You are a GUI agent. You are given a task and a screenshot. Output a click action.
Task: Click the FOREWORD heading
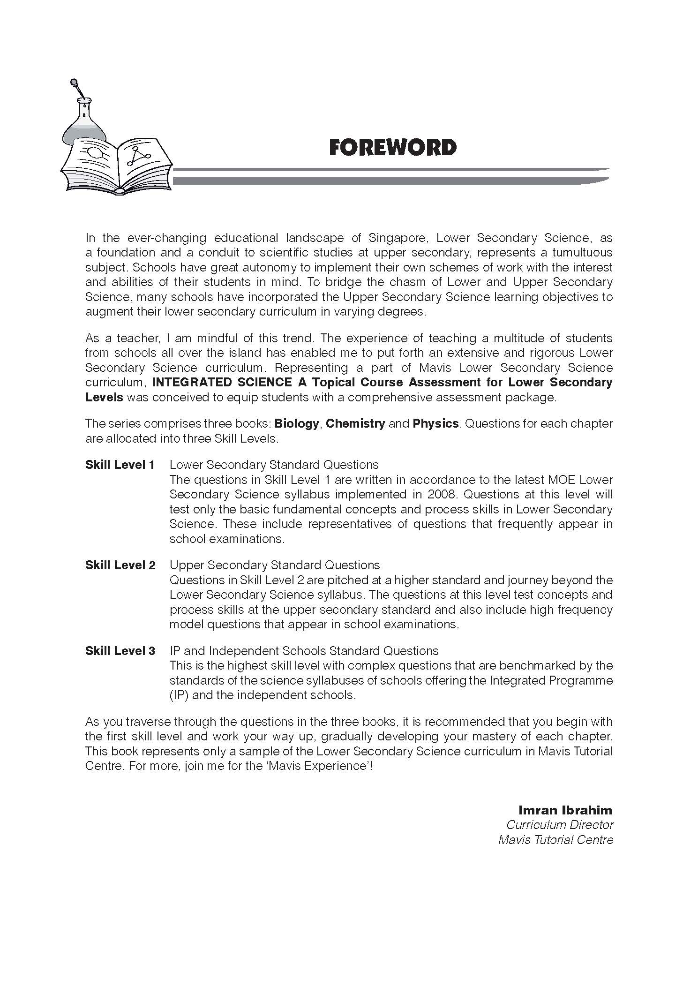click(x=392, y=147)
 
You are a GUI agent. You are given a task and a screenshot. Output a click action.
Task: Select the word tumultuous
click(x=582, y=252)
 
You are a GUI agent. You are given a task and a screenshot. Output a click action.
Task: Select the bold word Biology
click(x=297, y=423)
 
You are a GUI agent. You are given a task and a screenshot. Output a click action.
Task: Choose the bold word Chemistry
click(x=355, y=423)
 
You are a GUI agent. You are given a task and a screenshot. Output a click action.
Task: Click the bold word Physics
click(x=435, y=423)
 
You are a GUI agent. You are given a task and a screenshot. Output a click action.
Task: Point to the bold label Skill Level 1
click(x=120, y=465)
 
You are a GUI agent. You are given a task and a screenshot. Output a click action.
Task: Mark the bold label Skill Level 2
click(x=120, y=565)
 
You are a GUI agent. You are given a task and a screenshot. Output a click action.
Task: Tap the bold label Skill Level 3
click(x=120, y=651)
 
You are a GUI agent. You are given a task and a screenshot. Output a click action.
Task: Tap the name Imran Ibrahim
click(x=565, y=810)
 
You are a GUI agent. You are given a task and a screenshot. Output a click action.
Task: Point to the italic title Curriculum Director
click(x=560, y=825)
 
